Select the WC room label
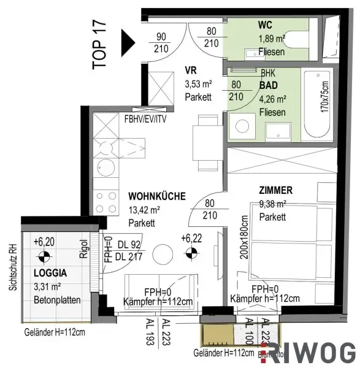coord(266,26)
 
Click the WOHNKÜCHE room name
coord(157,197)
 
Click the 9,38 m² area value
coord(273,205)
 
